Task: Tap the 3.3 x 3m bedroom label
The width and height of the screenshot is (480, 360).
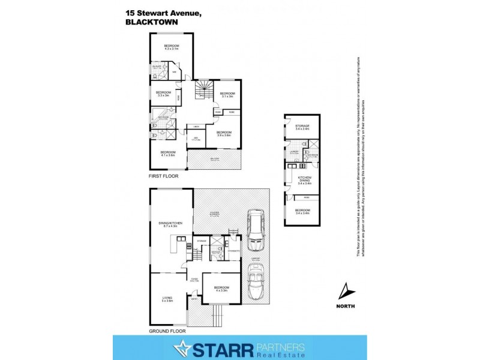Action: [x=164, y=94]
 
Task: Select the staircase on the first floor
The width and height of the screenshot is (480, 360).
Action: [x=203, y=92]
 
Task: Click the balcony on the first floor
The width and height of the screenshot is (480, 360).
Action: [x=214, y=160]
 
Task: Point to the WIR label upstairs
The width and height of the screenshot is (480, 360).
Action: [x=175, y=73]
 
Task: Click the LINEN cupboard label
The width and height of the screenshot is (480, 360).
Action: [x=196, y=127]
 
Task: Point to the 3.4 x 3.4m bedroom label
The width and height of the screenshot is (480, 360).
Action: [x=302, y=211]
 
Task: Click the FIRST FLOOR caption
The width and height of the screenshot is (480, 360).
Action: [x=164, y=177]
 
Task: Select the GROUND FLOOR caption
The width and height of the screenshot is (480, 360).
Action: [x=167, y=331]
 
